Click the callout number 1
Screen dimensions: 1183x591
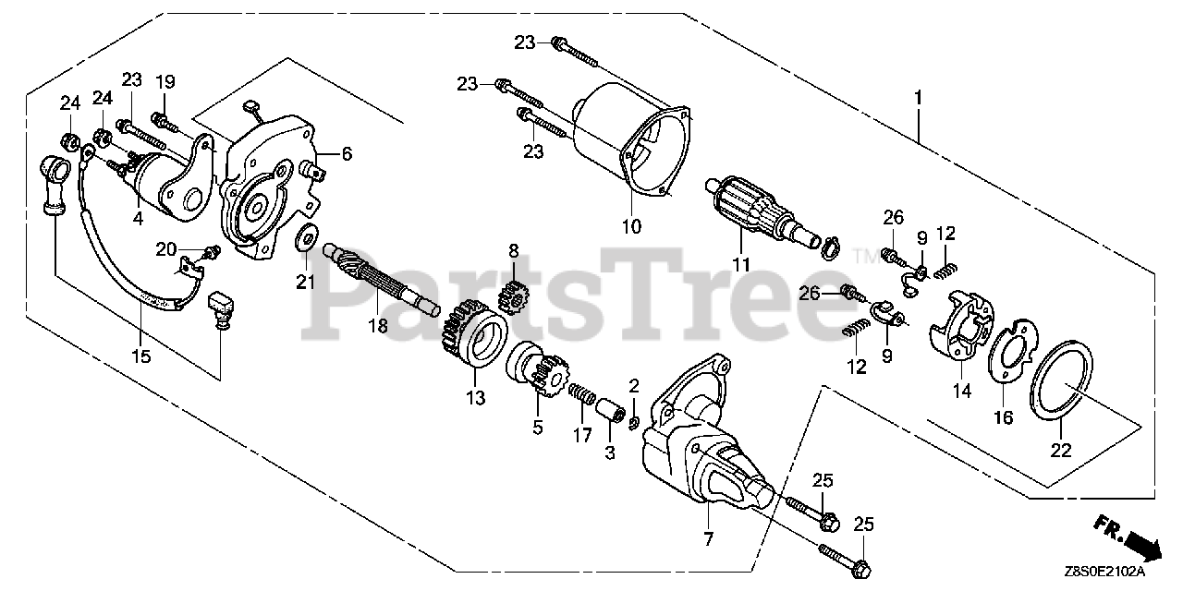[918, 97]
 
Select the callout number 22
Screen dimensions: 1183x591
[1060, 450]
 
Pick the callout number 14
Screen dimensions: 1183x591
[963, 391]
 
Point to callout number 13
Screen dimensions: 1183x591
[475, 399]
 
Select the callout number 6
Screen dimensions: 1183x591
[346, 155]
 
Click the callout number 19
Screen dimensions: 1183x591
[165, 81]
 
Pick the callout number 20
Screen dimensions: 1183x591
[165, 249]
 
